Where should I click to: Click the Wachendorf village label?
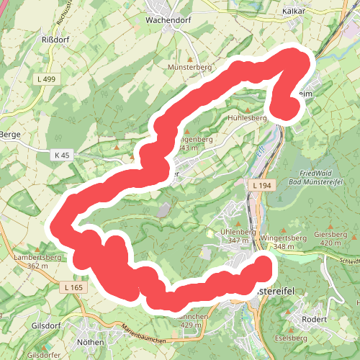pos(167,20)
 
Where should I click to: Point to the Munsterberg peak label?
pos(189,66)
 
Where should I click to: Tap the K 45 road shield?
pos(62,155)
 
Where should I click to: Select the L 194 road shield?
pos(263,186)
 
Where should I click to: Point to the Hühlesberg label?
pos(248,117)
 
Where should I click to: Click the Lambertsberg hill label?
pos(37,256)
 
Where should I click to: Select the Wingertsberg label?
pos(278,237)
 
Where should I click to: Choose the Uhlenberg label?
pos(238,232)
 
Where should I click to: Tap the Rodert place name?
pos(315,319)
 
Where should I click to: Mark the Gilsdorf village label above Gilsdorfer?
pos(45,325)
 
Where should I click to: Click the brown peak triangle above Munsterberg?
pos(189,58)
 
